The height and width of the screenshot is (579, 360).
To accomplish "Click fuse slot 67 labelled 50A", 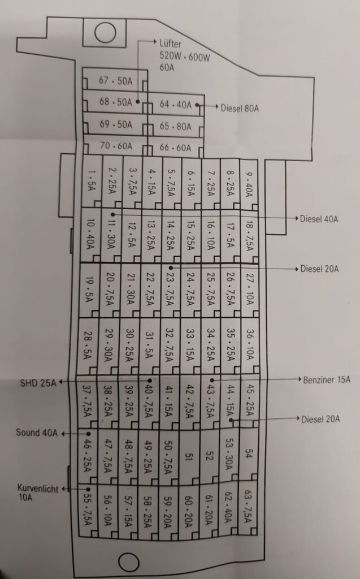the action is tap(115, 79).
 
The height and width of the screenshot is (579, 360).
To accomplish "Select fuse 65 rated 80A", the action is tap(176, 127).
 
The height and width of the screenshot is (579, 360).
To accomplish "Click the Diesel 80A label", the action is tap(240, 109).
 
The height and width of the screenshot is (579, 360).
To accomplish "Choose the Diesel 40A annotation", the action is tap(319, 219).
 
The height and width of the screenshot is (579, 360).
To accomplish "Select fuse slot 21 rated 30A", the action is tap(131, 290).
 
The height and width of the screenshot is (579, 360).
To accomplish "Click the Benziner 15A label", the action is tap(327, 379).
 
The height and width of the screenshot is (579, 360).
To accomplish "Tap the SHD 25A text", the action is tap(38, 383).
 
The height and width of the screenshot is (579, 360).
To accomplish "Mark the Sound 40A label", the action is tap(37, 433).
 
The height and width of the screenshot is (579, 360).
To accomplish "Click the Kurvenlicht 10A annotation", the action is tap(38, 492).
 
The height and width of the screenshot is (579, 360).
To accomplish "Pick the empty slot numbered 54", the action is tap(248, 453).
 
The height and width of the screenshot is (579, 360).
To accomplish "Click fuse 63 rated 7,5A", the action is tap(248, 507).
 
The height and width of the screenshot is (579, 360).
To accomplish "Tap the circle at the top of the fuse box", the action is tap(105, 32).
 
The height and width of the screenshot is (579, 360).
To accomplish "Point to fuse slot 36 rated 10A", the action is tap(250, 344).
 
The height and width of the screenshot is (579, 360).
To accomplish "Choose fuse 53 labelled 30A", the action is tap(228, 455).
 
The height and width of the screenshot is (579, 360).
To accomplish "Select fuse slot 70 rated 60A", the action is tap(115, 146).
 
